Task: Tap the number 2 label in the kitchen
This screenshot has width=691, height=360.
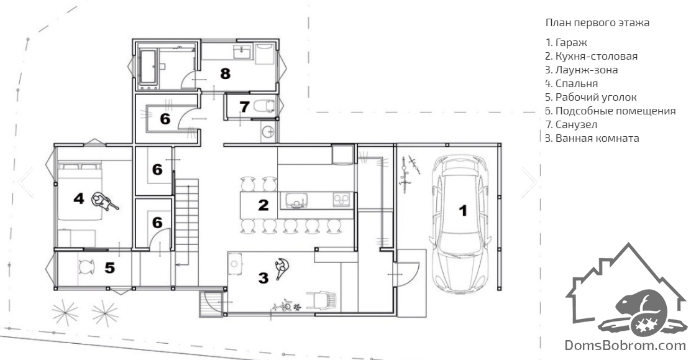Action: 263,205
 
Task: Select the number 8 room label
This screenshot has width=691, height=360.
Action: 225,73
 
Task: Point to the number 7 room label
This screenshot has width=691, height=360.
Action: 245,106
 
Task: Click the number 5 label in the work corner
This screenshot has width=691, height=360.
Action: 110,267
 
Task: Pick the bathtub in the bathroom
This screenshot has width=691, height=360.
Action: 148,67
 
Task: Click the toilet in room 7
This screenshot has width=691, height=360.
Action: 265,106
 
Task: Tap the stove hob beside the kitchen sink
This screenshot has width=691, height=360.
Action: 341,200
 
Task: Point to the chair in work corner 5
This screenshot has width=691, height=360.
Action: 86,267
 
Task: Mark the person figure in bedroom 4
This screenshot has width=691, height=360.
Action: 104,201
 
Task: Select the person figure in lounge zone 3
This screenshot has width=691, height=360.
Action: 281,268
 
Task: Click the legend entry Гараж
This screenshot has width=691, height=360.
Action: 566,43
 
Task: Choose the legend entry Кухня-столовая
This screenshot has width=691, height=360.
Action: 592,57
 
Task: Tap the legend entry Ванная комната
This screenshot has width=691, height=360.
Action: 592,139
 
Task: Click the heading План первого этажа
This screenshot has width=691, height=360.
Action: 597,22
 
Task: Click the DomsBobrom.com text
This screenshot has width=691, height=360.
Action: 625,345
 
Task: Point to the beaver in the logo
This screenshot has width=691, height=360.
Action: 639,309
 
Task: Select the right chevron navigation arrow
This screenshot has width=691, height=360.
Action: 529,182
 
